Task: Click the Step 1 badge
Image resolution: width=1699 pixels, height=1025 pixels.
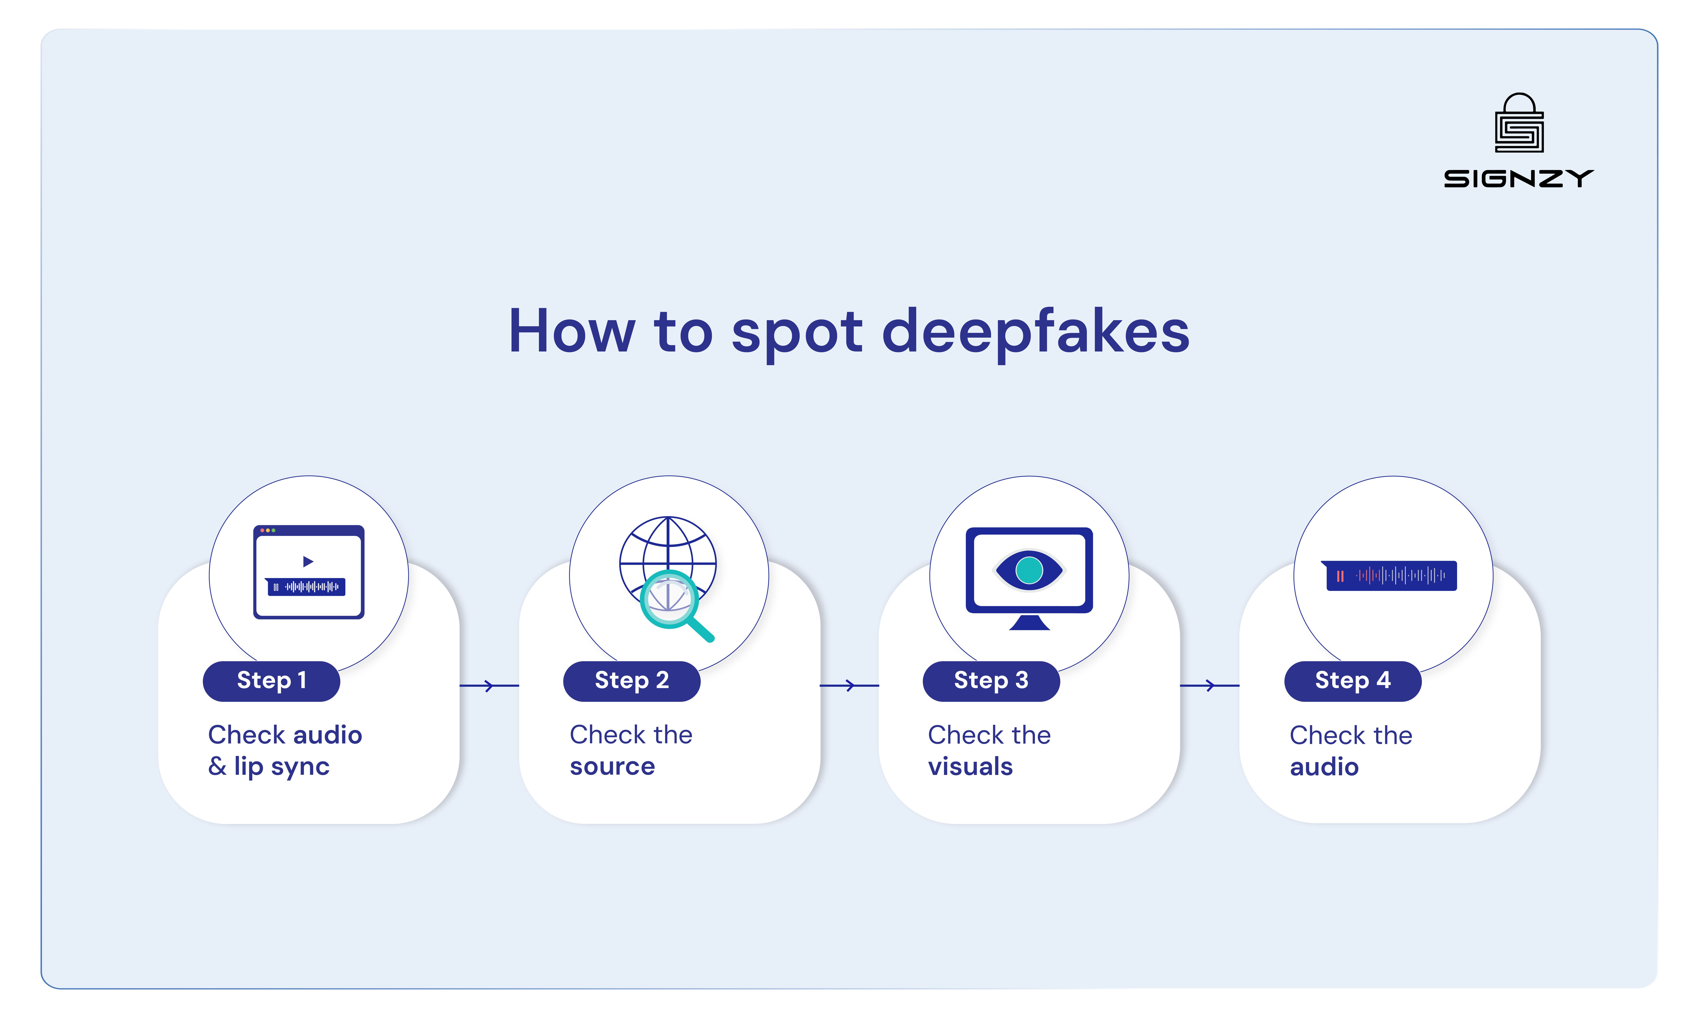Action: coord(271,681)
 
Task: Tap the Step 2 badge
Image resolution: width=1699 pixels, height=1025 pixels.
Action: coord(632,681)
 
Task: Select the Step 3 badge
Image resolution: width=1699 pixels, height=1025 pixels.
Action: coord(991,681)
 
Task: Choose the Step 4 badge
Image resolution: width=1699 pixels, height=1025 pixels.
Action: coord(1352,681)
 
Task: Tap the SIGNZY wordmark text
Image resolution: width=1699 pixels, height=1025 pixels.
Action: coord(1518,179)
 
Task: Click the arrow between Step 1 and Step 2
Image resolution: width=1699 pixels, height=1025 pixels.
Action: coord(489,686)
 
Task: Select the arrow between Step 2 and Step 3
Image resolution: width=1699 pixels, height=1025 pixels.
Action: coord(849,686)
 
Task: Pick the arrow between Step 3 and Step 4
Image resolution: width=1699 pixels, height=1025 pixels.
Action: coord(1209,686)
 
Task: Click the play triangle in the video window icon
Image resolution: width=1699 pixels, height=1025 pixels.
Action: coord(308,561)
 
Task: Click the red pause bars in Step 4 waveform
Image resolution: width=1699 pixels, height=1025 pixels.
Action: coord(1340,576)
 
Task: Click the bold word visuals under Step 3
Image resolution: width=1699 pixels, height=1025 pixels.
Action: coord(970,766)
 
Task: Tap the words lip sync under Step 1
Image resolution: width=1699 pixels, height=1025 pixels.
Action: coord(281,766)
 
